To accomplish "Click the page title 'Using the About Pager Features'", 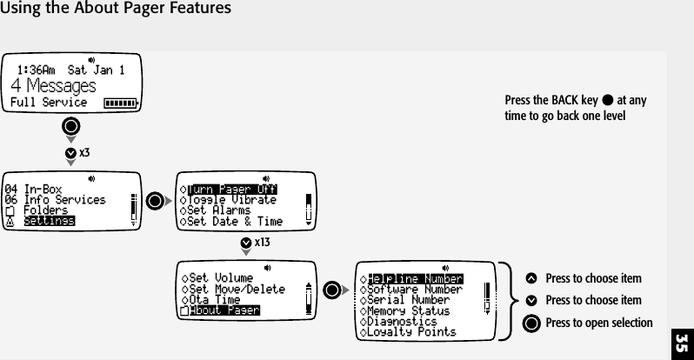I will [116, 10].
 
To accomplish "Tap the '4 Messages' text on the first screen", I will [53, 85].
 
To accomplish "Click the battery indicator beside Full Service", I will [120, 103].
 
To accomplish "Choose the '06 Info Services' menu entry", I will [56, 199].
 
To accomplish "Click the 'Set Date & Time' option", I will [230, 221].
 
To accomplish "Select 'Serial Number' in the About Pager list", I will [410, 300].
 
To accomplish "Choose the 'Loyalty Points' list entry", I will [412, 331].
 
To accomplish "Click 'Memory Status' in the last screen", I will [410, 310].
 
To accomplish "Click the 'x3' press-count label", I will [84, 152].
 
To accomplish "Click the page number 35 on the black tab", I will [681, 337].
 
